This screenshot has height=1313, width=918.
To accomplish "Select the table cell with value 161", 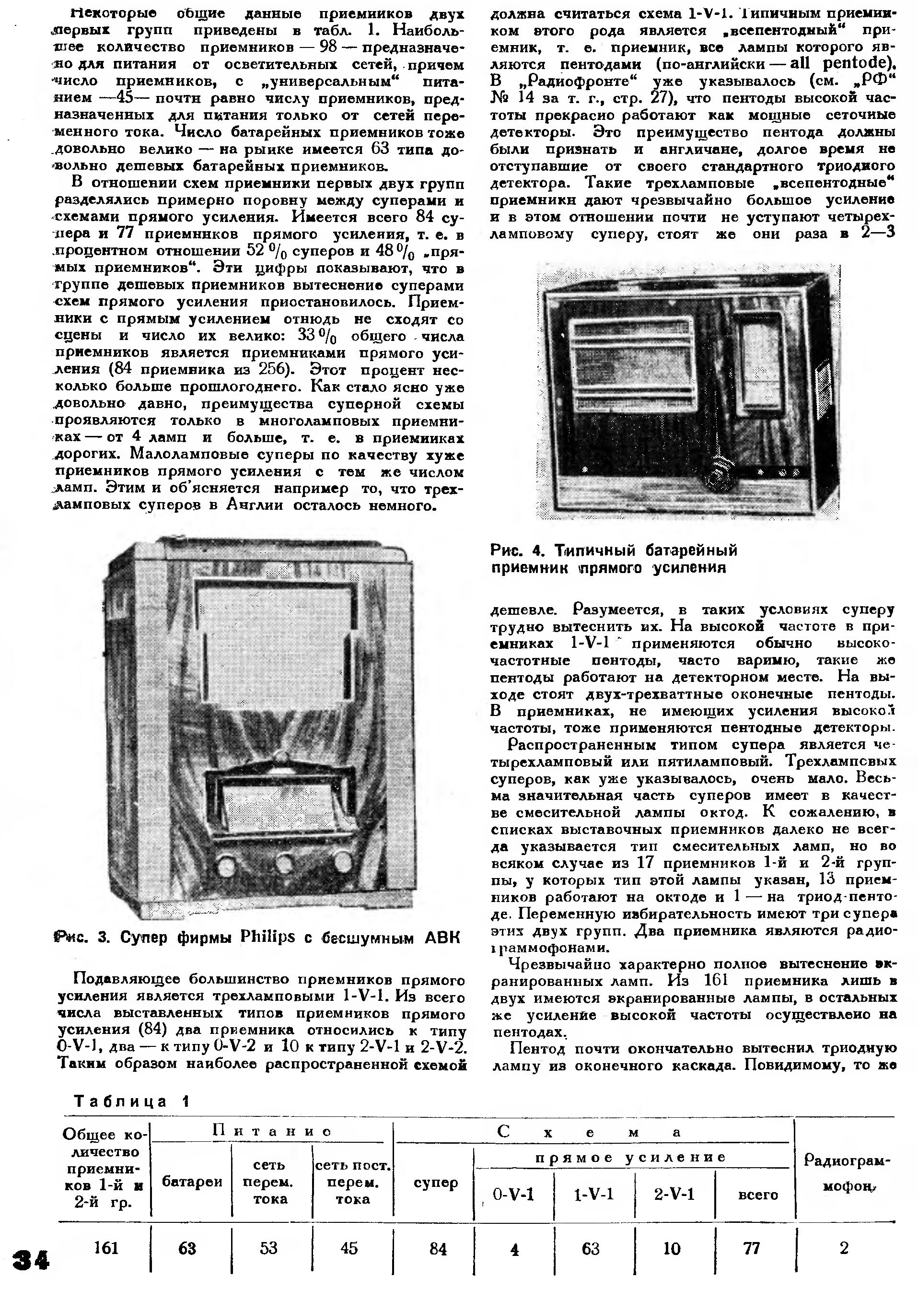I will [106, 1247].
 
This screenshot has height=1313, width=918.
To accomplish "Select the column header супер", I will [436, 1182].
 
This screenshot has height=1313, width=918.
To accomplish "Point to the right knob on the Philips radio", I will [342, 861].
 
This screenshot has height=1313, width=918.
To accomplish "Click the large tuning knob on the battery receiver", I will [719, 472].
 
